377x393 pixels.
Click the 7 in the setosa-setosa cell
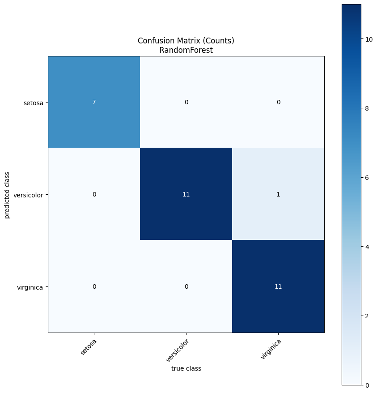pyautogui.click(x=94, y=102)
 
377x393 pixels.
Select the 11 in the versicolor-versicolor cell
pyautogui.click(x=186, y=194)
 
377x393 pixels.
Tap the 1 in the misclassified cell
pyautogui.click(x=278, y=194)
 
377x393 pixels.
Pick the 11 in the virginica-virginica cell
pyautogui.click(x=278, y=286)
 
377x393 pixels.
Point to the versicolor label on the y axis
pyautogui.click(x=28, y=195)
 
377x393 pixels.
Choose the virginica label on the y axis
pyautogui.click(x=30, y=287)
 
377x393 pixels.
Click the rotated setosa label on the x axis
pyautogui.click(x=89, y=347)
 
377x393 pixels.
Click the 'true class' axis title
pyautogui.click(x=186, y=368)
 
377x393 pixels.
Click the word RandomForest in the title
pyautogui.click(x=186, y=50)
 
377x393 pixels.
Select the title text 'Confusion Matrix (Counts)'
pyautogui.click(x=186, y=41)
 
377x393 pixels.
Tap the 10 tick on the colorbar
pyautogui.click(x=369, y=39)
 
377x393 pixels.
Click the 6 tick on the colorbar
pyautogui.click(x=367, y=178)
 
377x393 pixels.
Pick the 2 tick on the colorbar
pyautogui.click(x=367, y=316)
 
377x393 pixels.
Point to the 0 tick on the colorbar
pyautogui.click(x=367, y=385)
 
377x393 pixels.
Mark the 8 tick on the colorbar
pyautogui.click(x=367, y=108)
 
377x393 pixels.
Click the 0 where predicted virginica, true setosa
pyautogui.click(x=94, y=286)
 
